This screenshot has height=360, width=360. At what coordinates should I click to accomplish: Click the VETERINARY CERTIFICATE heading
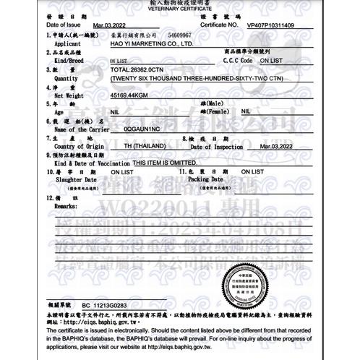click(x=180, y=9)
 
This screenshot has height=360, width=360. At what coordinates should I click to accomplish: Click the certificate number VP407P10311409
click(x=270, y=25)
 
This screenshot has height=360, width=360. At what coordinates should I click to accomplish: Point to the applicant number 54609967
click(x=179, y=35)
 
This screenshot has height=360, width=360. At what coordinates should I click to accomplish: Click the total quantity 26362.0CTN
click(x=134, y=69)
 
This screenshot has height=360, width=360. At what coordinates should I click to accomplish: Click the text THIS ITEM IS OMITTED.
click(x=155, y=163)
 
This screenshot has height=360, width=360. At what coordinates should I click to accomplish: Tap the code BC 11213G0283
click(x=104, y=306)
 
